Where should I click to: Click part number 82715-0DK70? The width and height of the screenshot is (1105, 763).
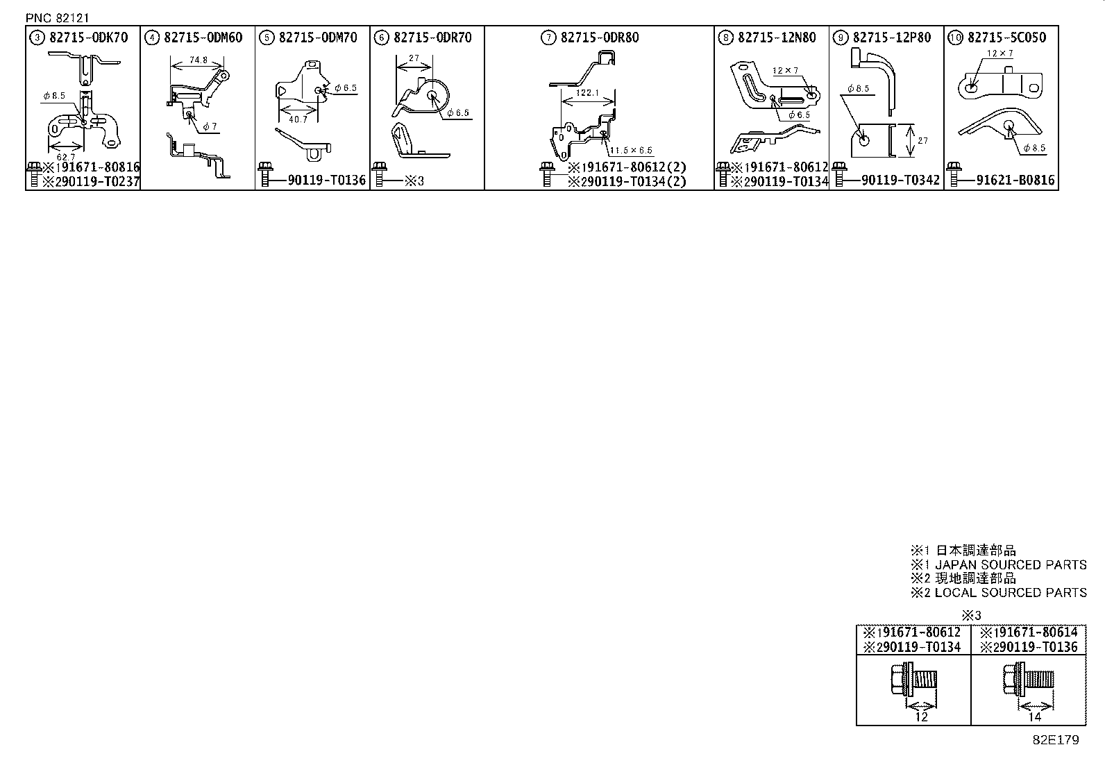89,37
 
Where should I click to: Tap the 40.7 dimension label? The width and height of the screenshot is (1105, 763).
298,119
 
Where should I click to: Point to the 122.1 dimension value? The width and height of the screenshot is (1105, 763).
587,92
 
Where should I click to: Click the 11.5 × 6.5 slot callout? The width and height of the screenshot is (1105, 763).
631,151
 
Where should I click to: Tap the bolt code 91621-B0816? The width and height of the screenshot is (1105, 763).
1015,181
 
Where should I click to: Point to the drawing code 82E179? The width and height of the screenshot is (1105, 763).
1056,740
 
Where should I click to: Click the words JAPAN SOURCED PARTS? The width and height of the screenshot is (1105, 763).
1011,565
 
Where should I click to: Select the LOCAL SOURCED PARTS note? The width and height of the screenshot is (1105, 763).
1011,593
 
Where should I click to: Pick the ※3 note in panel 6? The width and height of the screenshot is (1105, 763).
414,181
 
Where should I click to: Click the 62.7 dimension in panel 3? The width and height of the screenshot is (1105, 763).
65,157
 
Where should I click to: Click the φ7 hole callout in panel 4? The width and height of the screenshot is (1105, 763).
210,126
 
